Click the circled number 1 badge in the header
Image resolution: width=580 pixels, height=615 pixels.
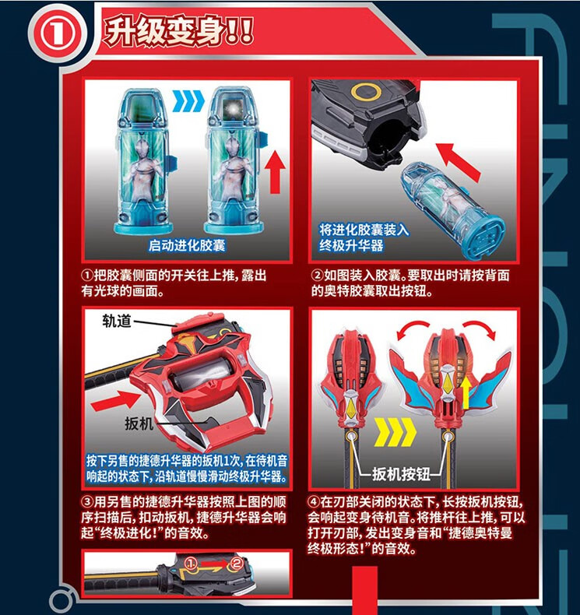tap(58, 33)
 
